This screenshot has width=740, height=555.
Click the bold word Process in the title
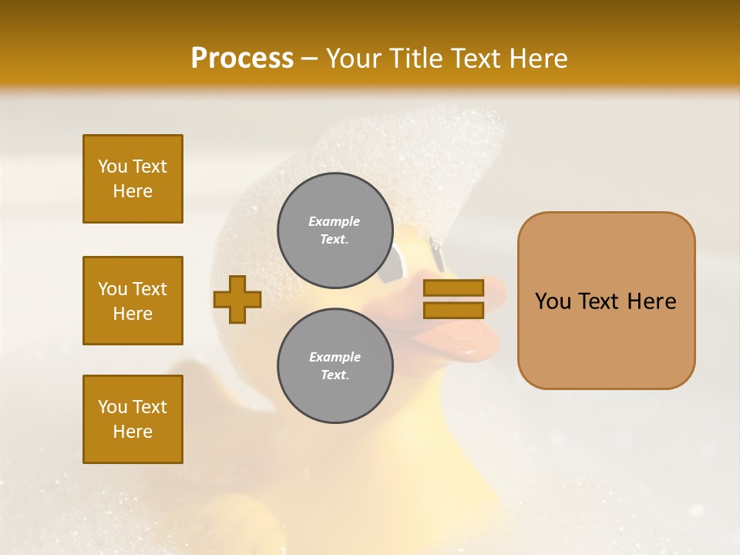[242, 59]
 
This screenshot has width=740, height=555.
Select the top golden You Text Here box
[133, 179]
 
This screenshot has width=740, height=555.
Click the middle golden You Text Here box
[133, 301]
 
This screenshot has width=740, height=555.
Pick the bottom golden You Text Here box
[133, 419]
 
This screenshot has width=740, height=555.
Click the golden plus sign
[237, 299]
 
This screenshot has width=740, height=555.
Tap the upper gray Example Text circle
[335, 230]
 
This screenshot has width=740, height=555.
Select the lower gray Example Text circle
[335, 365]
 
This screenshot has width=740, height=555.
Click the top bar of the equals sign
[453, 288]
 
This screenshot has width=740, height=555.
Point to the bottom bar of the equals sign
[453, 310]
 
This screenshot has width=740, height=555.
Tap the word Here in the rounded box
[651, 301]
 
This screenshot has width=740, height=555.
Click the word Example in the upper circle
[335, 221]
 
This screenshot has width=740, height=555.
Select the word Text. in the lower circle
[335, 375]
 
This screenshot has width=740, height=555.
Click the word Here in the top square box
[133, 191]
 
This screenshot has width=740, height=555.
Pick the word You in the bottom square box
[113, 407]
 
